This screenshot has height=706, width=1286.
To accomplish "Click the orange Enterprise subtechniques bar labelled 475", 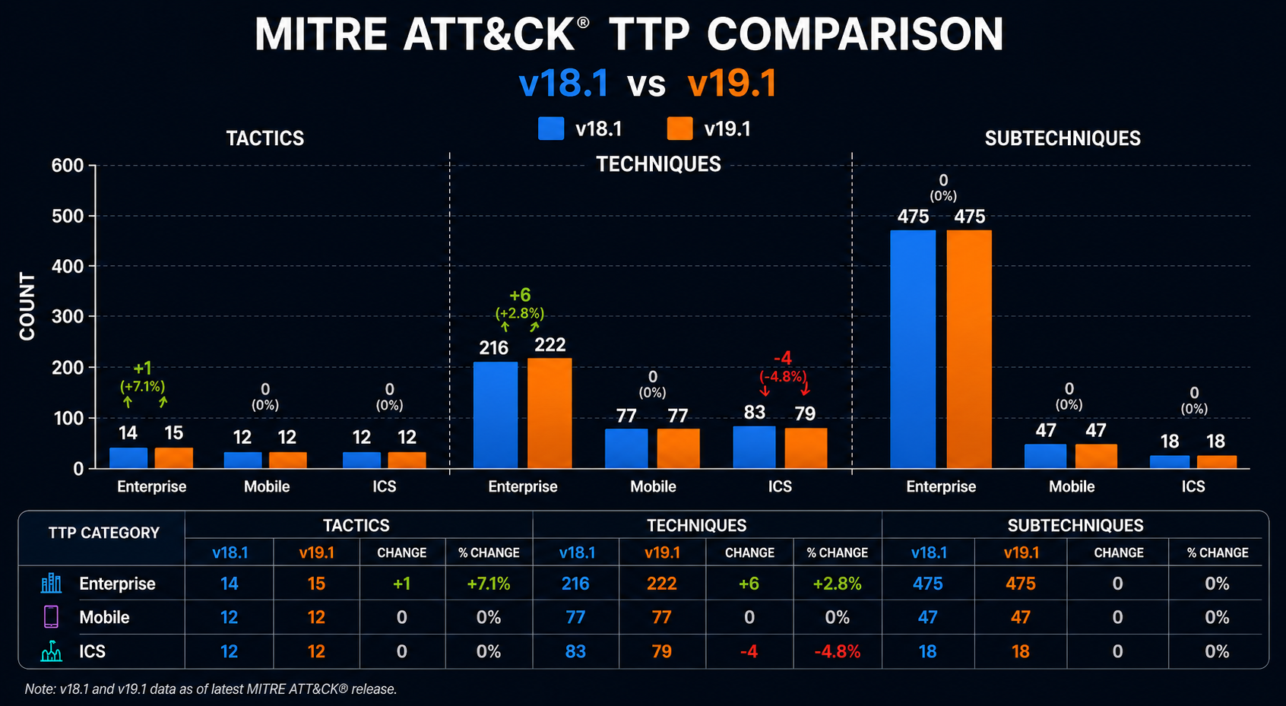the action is [x=969, y=349].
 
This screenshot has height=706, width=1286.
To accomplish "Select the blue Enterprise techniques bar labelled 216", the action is [x=496, y=415].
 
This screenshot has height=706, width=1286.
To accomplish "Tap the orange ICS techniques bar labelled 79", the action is [x=806, y=448].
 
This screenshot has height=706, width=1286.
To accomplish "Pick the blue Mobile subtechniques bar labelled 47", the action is [x=1046, y=456].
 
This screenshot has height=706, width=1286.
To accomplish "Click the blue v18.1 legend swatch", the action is [x=551, y=128].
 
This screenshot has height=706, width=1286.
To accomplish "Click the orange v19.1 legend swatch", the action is [x=679, y=128].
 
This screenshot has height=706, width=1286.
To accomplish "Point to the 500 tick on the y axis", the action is [x=68, y=217].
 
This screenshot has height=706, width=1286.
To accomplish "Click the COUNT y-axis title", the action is [x=27, y=306].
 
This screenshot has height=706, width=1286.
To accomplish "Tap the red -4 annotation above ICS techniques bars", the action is [x=783, y=359].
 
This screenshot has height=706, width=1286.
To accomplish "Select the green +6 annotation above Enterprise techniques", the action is [x=520, y=295].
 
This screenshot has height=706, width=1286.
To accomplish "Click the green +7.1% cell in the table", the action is [x=489, y=584].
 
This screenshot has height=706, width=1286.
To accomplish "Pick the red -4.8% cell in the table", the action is [x=837, y=651].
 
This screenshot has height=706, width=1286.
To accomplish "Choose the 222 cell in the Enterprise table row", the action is [x=662, y=584].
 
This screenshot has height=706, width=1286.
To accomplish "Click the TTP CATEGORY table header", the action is [x=104, y=533].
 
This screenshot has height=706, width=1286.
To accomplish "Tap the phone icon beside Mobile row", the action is [x=51, y=617].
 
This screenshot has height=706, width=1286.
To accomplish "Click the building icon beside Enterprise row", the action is [x=51, y=583].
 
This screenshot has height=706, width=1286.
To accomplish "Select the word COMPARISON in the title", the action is [x=855, y=34].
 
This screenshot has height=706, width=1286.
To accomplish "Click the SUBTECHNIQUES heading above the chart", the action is [x=1063, y=138].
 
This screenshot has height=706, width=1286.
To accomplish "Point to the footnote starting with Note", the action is [x=211, y=689].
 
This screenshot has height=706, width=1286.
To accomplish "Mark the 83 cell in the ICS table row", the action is [x=575, y=651].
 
